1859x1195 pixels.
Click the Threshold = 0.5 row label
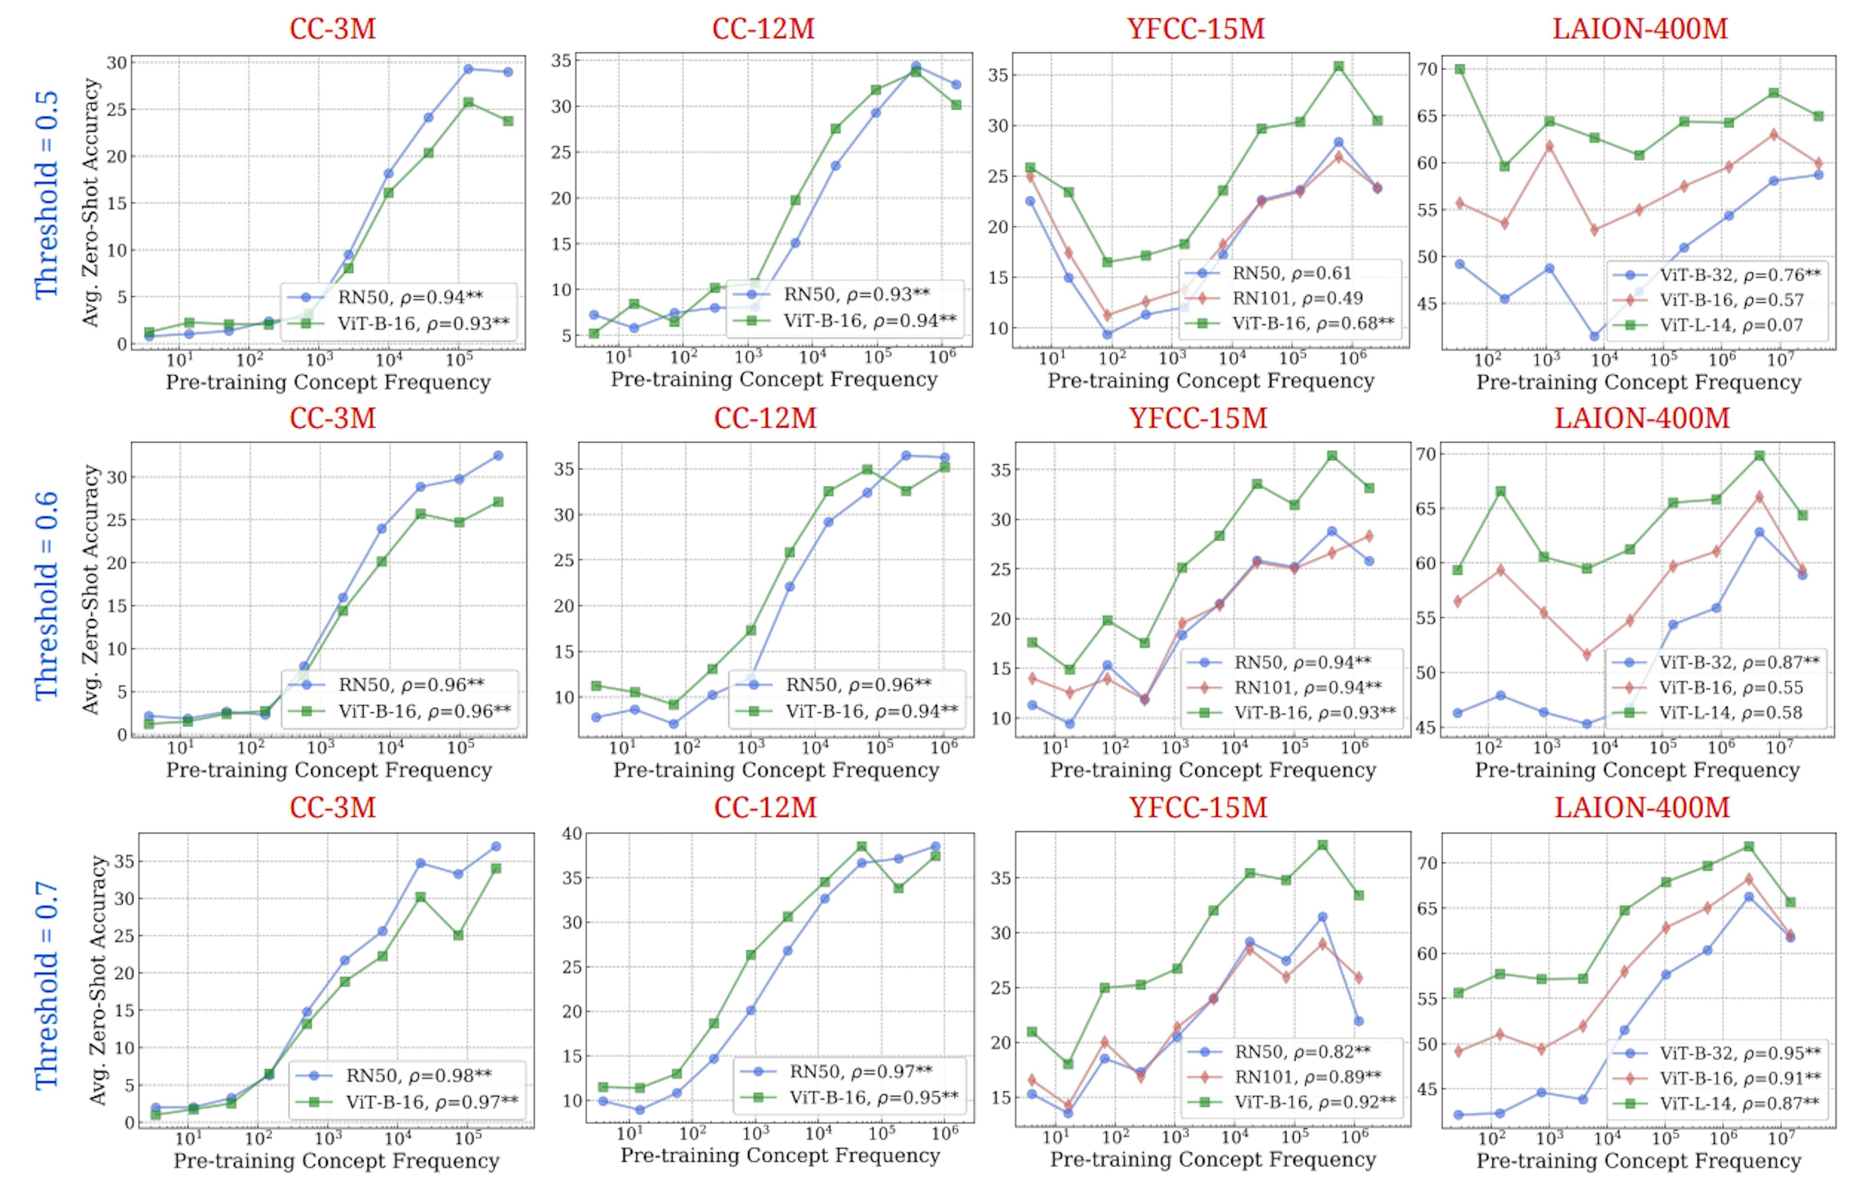point(46,194)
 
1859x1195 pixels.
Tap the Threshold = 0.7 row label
point(46,985)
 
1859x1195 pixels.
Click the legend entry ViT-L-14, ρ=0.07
point(1730,325)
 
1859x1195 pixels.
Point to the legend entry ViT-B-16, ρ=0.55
point(1730,688)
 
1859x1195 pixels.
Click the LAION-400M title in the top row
point(1639,29)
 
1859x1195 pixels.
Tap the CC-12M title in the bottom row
point(764,807)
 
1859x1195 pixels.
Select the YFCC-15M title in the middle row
point(1197,418)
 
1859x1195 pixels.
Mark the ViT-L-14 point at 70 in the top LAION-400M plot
point(1460,69)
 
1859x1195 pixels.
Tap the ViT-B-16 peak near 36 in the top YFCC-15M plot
point(1339,67)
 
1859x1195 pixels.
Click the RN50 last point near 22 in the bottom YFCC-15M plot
point(1358,1021)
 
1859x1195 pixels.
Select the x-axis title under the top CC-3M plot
point(328,383)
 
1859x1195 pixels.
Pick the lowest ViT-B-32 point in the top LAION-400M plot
point(1594,336)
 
